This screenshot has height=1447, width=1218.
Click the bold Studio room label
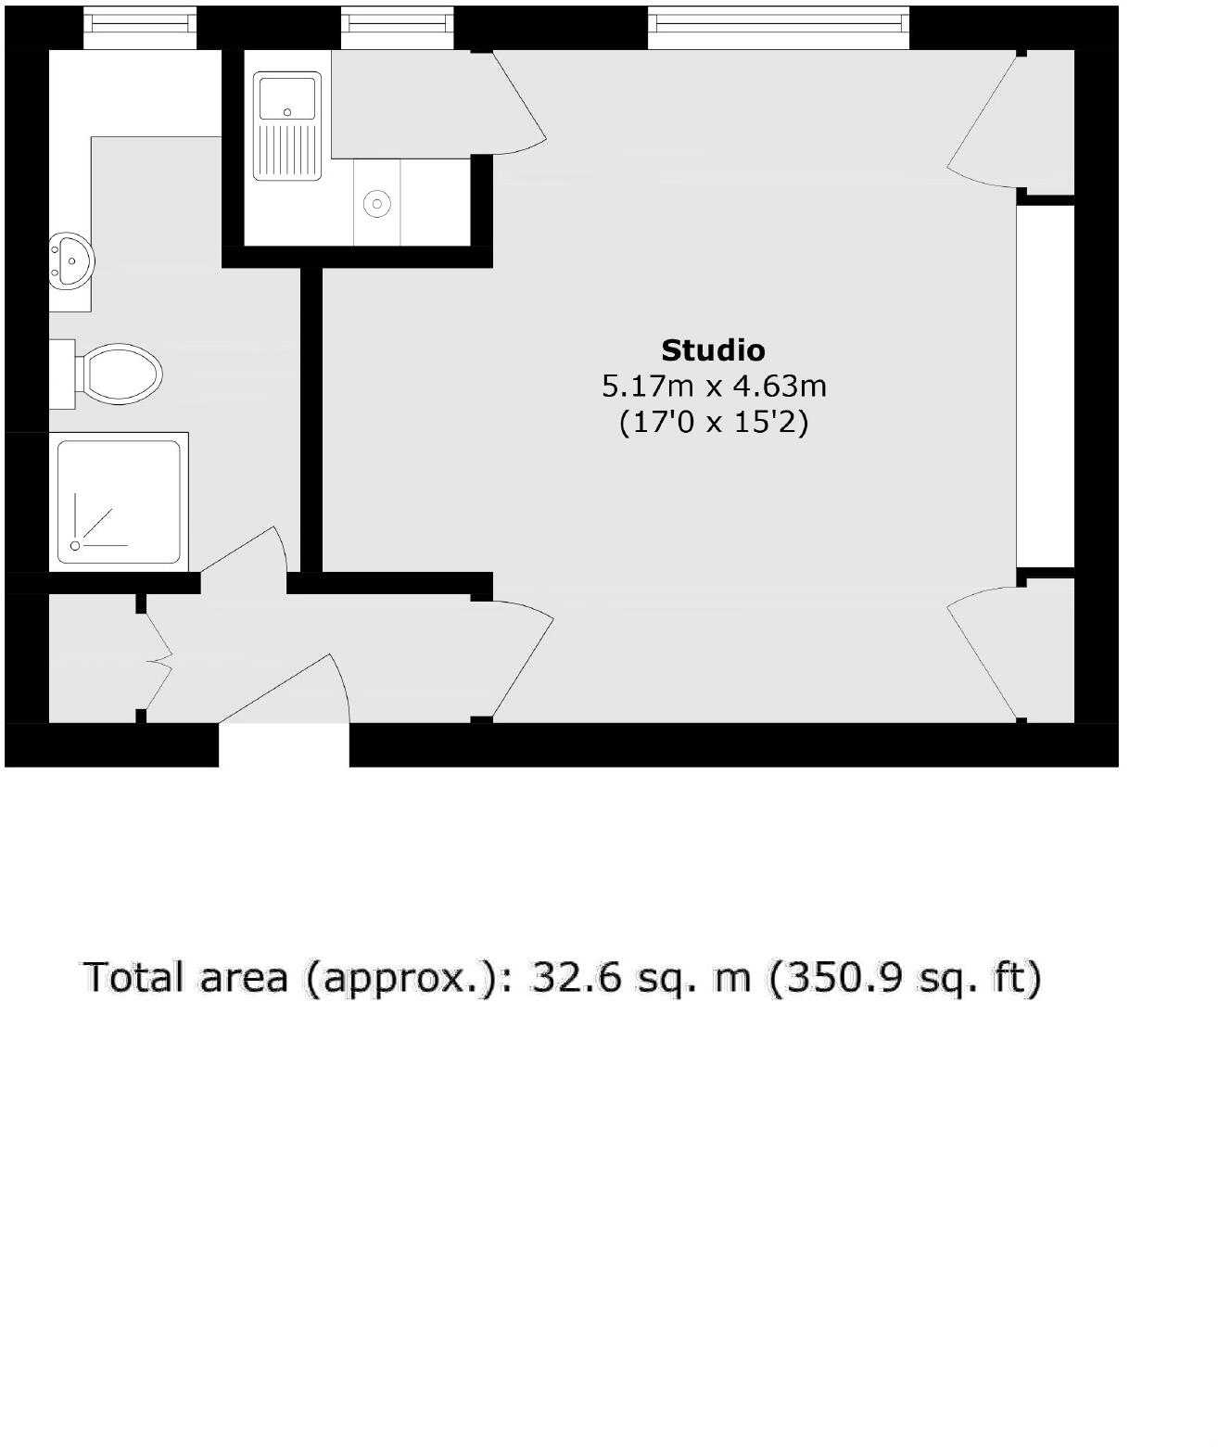(x=713, y=350)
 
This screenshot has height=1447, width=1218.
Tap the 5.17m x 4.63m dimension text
(x=713, y=385)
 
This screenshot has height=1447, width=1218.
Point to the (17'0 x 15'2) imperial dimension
(x=713, y=423)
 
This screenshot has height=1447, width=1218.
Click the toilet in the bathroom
(x=116, y=375)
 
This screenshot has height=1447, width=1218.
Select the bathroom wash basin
(x=71, y=260)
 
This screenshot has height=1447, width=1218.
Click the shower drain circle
(x=76, y=547)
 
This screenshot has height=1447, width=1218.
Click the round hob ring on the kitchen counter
(x=377, y=203)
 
